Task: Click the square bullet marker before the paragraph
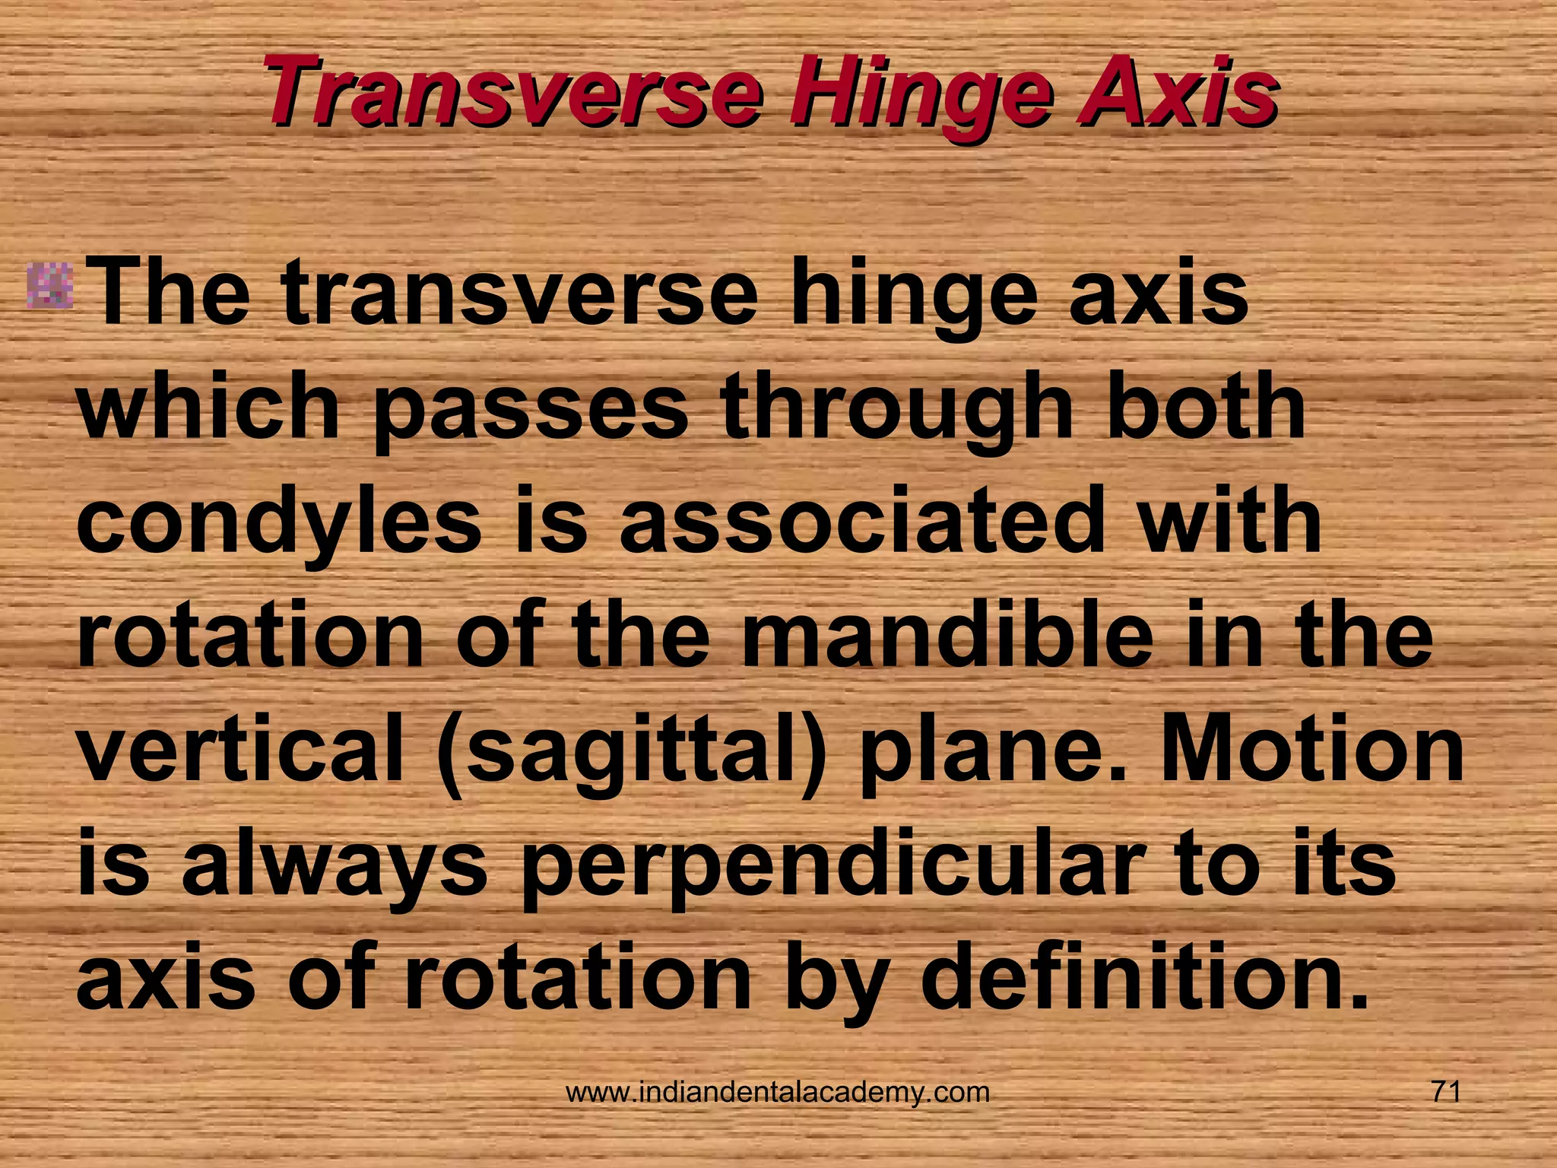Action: (x=50, y=287)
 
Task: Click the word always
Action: (x=335, y=865)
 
